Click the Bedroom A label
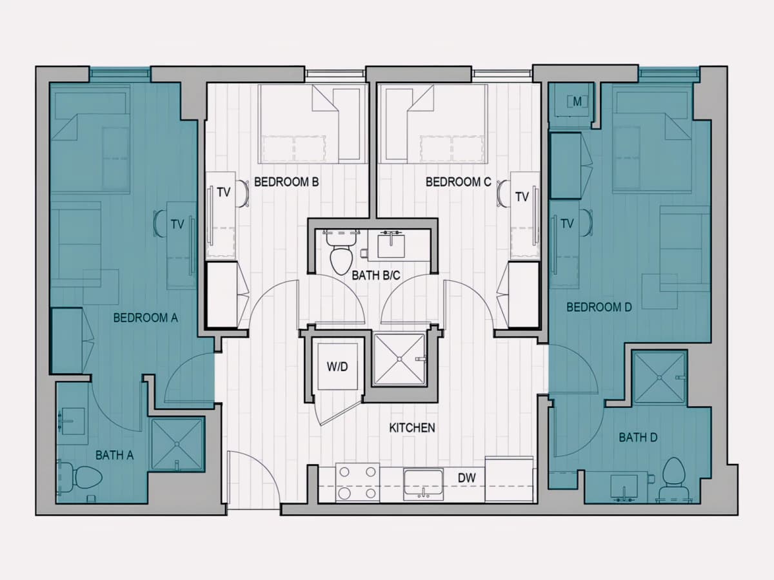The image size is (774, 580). point(145,318)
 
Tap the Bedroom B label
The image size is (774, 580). point(286,182)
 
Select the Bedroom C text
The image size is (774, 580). point(458,182)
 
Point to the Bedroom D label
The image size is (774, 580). point(599,307)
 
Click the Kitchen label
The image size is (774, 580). point(412,427)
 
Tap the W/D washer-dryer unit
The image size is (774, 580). point(337,366)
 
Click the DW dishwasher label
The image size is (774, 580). point(466,478)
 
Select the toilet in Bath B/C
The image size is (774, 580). point(341,251)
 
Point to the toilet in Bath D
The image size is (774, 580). point(673,479)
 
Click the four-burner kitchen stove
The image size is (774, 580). point(357,483)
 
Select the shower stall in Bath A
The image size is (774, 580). point(178,444)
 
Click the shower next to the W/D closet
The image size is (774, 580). point(400,359)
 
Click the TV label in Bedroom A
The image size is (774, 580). point(177,224)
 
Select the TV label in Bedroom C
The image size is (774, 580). point(522,197)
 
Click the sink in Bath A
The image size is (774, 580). point(72,421)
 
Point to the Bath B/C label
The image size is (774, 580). point(376,275)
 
